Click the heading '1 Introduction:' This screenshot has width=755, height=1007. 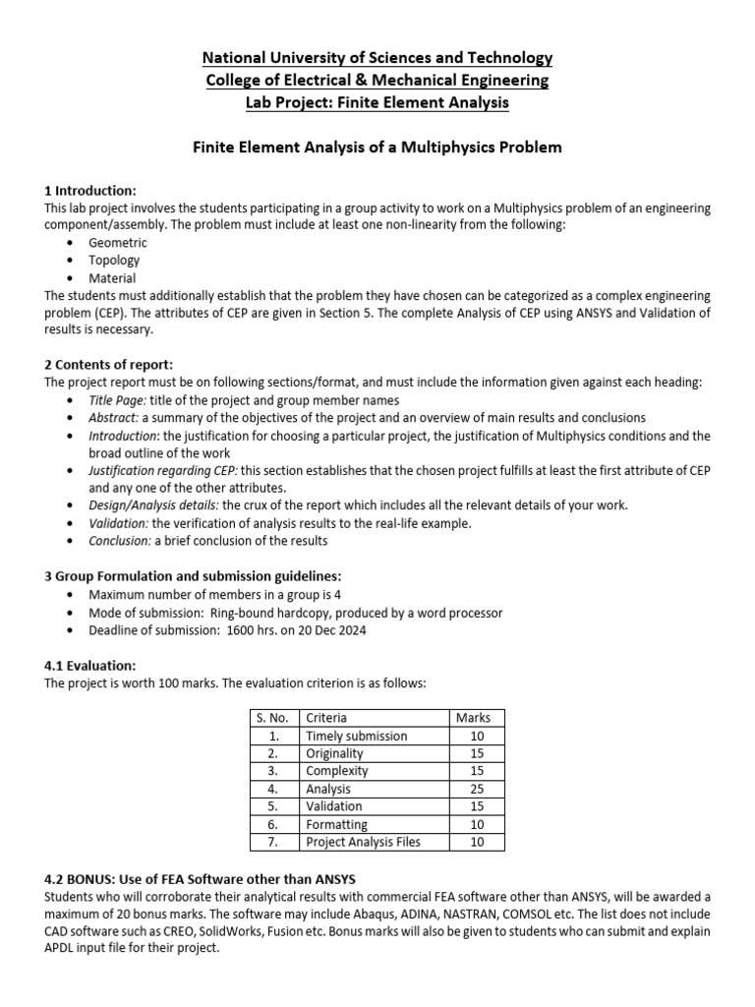click(x=90, y=190)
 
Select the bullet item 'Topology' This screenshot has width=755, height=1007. click(x=114, y=261)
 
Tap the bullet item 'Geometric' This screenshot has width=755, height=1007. click(x=118, y=243)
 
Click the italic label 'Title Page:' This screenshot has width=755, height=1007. click(x=117, y=400)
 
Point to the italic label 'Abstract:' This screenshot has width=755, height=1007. click(x=114, y=418)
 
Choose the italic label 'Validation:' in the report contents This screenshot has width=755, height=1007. click(x=119, y=523)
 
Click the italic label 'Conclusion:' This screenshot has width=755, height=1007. click(x=120, y=541)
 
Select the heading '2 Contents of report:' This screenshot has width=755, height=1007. click(x=108, y=365)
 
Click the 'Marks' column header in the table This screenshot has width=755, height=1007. click(x=474, y=718)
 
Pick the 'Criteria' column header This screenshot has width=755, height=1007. click(x=326, y=718)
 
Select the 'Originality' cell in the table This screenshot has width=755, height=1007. click(x=334, y=753)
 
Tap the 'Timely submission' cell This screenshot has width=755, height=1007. click(x=356, y=736)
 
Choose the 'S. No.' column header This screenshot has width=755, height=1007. click(x=273, y=718)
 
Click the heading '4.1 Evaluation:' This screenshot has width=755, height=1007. click(x=90, y=666)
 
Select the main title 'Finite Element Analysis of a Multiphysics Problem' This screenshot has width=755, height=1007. click(x=377, y=148)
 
